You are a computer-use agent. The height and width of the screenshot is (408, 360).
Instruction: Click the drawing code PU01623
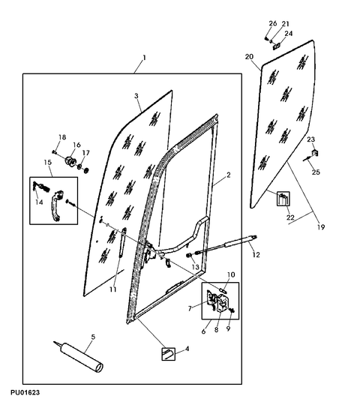pos(25,392)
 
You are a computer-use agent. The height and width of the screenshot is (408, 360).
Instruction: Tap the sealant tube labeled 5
pos(79,356)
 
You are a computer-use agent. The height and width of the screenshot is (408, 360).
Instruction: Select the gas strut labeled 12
pos(226,244)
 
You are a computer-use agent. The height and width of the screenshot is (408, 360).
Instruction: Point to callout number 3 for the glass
pos(136,96)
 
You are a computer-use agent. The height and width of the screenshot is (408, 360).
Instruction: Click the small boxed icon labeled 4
pos(169,354)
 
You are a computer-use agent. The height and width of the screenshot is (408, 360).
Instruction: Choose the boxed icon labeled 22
pos(283,199)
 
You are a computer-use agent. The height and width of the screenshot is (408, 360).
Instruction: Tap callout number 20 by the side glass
pos(249,56)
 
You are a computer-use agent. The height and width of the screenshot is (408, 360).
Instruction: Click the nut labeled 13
pos(189,255)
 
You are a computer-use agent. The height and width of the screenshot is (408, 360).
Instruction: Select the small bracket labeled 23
pos(315,153)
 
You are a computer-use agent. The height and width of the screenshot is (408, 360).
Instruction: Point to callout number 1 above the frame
pos(144,58)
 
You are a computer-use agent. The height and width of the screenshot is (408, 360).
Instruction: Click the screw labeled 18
pos(55,152)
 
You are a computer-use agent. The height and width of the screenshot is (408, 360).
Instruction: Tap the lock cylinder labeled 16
pos(70,160)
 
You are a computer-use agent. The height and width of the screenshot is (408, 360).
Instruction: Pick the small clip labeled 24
pos(276,46)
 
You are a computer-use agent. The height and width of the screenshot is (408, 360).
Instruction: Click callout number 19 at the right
pos(321,227)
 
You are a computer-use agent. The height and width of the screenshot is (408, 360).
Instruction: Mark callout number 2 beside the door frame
pos(229,175)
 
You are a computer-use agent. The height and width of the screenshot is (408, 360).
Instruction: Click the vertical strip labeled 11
pos(121,242)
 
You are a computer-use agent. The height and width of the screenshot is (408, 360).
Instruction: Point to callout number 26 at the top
pos(273,23)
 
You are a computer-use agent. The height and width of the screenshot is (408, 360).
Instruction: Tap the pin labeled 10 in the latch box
pos(223,289)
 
